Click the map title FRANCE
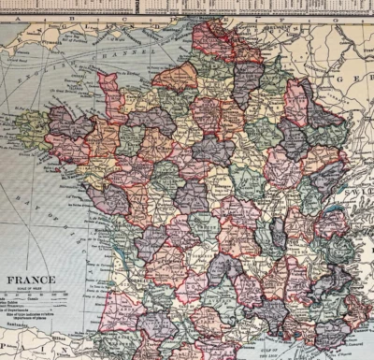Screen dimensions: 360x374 click(32, 279)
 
